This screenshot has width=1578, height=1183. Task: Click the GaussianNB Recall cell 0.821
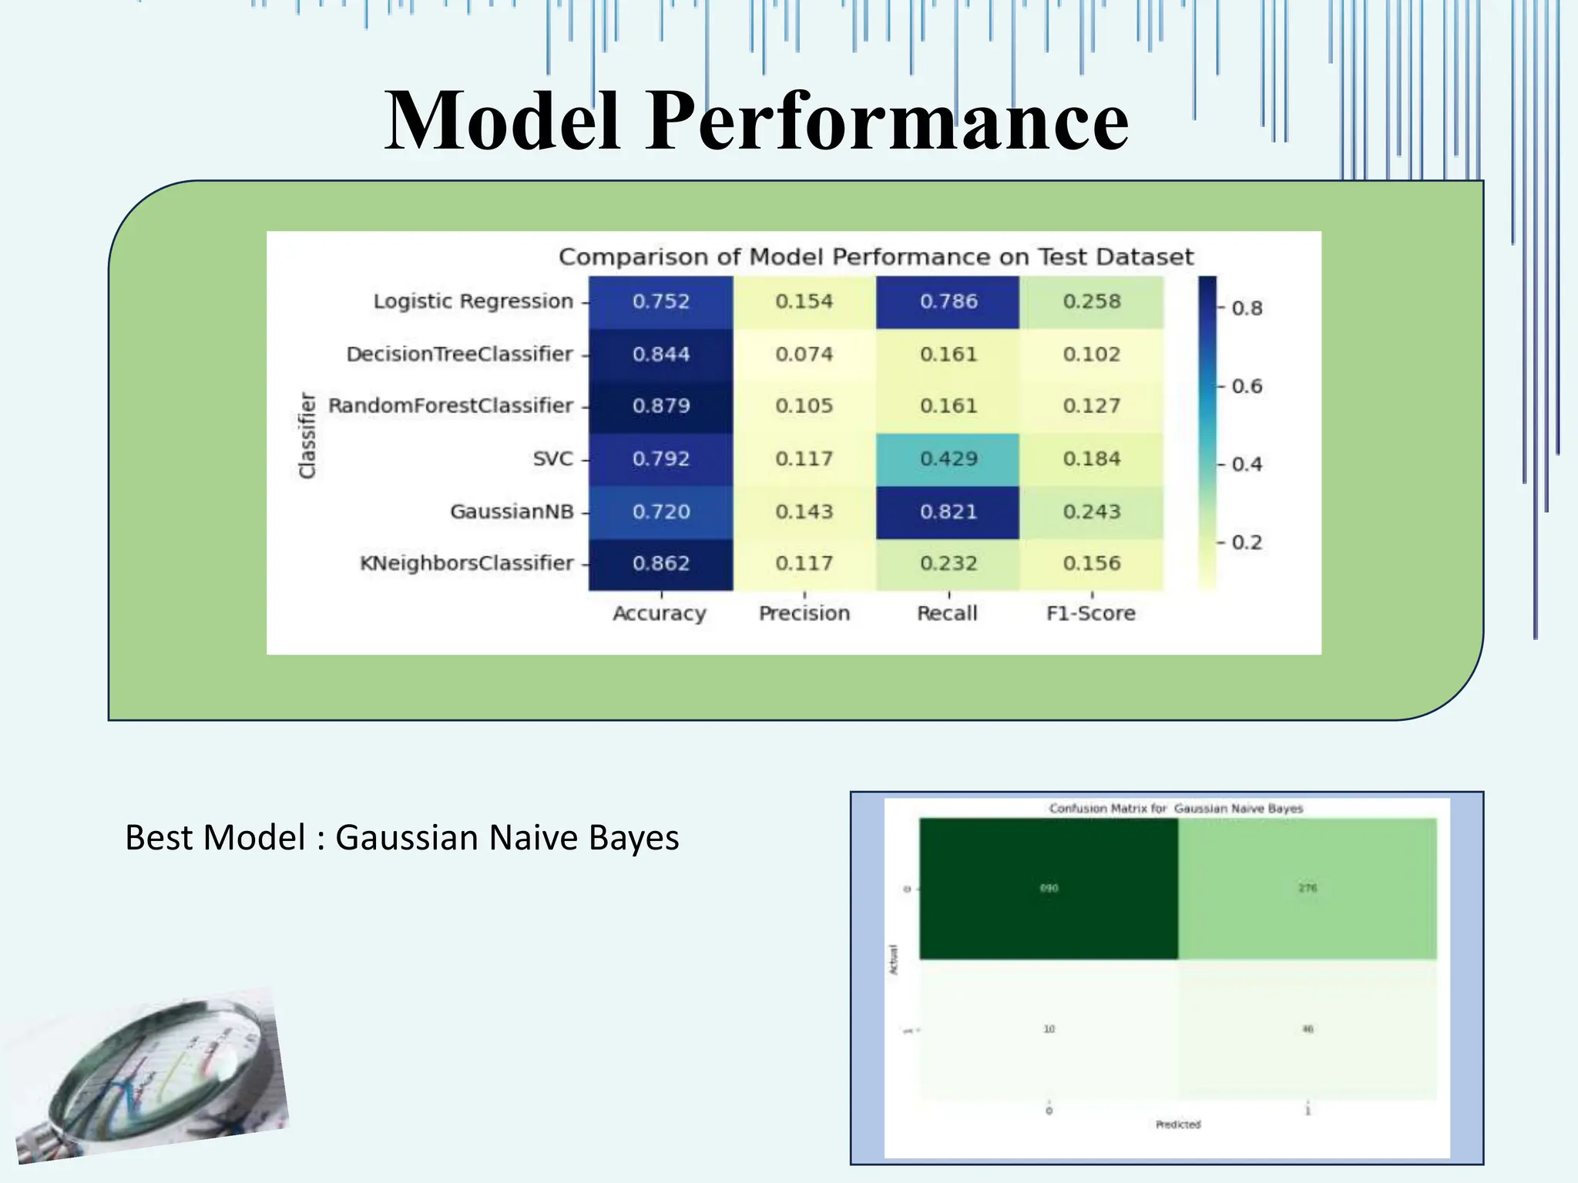click(x=948, y=512)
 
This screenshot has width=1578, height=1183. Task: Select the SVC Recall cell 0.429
click(x=948, y=459)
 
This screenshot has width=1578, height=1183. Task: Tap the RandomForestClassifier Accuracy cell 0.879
click(x=661, y=406)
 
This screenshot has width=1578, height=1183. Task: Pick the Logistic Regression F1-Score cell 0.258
click(x=1091, y=302)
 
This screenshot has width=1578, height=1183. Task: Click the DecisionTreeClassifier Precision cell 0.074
click(x=804, y=354)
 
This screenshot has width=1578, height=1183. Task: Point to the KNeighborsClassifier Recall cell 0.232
click(x=948, y=564)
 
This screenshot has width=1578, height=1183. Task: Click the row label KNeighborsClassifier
click(x=467, y=564)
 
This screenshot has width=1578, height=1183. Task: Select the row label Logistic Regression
click(x=473, y=301)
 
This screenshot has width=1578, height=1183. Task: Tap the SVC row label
click(x=552, y=459)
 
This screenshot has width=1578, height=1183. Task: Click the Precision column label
click(x=804, y=614)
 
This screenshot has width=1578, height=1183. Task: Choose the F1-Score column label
click(x=1090, y=614)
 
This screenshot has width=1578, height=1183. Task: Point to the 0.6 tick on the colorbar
click(x=1246, y=386)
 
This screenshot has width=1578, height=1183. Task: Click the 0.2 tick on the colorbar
click(x=1246, y=542)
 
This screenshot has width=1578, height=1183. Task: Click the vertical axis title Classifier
click(x=307, y=435)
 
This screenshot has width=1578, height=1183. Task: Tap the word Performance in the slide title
click(x=887, y=121)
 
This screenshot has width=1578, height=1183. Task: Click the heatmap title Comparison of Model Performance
click(x=875, y=257)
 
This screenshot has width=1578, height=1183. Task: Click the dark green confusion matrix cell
click(x=1048, y=888)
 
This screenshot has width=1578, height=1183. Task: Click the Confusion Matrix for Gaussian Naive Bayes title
click(x=1176, y=809)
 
